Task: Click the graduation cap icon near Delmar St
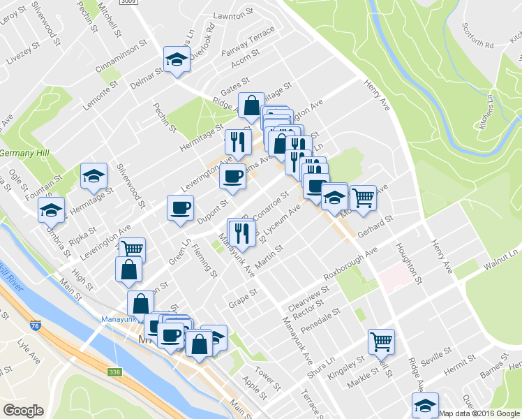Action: pos(177,60)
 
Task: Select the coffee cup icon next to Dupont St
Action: pos(180,208)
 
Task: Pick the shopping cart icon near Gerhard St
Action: pos(363,198)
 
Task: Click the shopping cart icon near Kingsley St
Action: pos(381,342)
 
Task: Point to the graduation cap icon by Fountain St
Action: pos(94,176)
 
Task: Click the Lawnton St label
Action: pos(234,14)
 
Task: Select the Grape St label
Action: pos(244,297)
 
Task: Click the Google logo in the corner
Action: pos(23,410)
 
